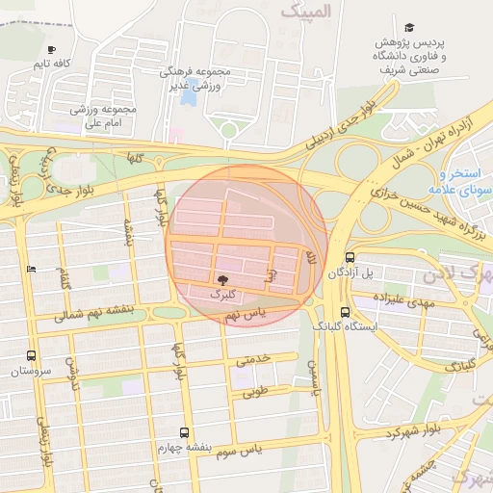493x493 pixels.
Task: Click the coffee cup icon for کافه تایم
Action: click(x=51, y=49)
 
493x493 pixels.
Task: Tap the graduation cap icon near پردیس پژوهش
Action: click(x=409, y=29)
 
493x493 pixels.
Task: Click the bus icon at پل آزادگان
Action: click(x=349, y=258)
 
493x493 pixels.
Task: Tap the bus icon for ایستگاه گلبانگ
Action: click(x=345, y=312)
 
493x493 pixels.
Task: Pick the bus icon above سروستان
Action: click(x=32, y=355)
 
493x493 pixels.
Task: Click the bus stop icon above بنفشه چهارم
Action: click(x=185, y=432)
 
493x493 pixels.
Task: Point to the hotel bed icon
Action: click(x=32, y=270)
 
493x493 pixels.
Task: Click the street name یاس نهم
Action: click(x=243, y=315)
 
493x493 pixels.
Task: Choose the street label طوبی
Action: click(x=253, y=393)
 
